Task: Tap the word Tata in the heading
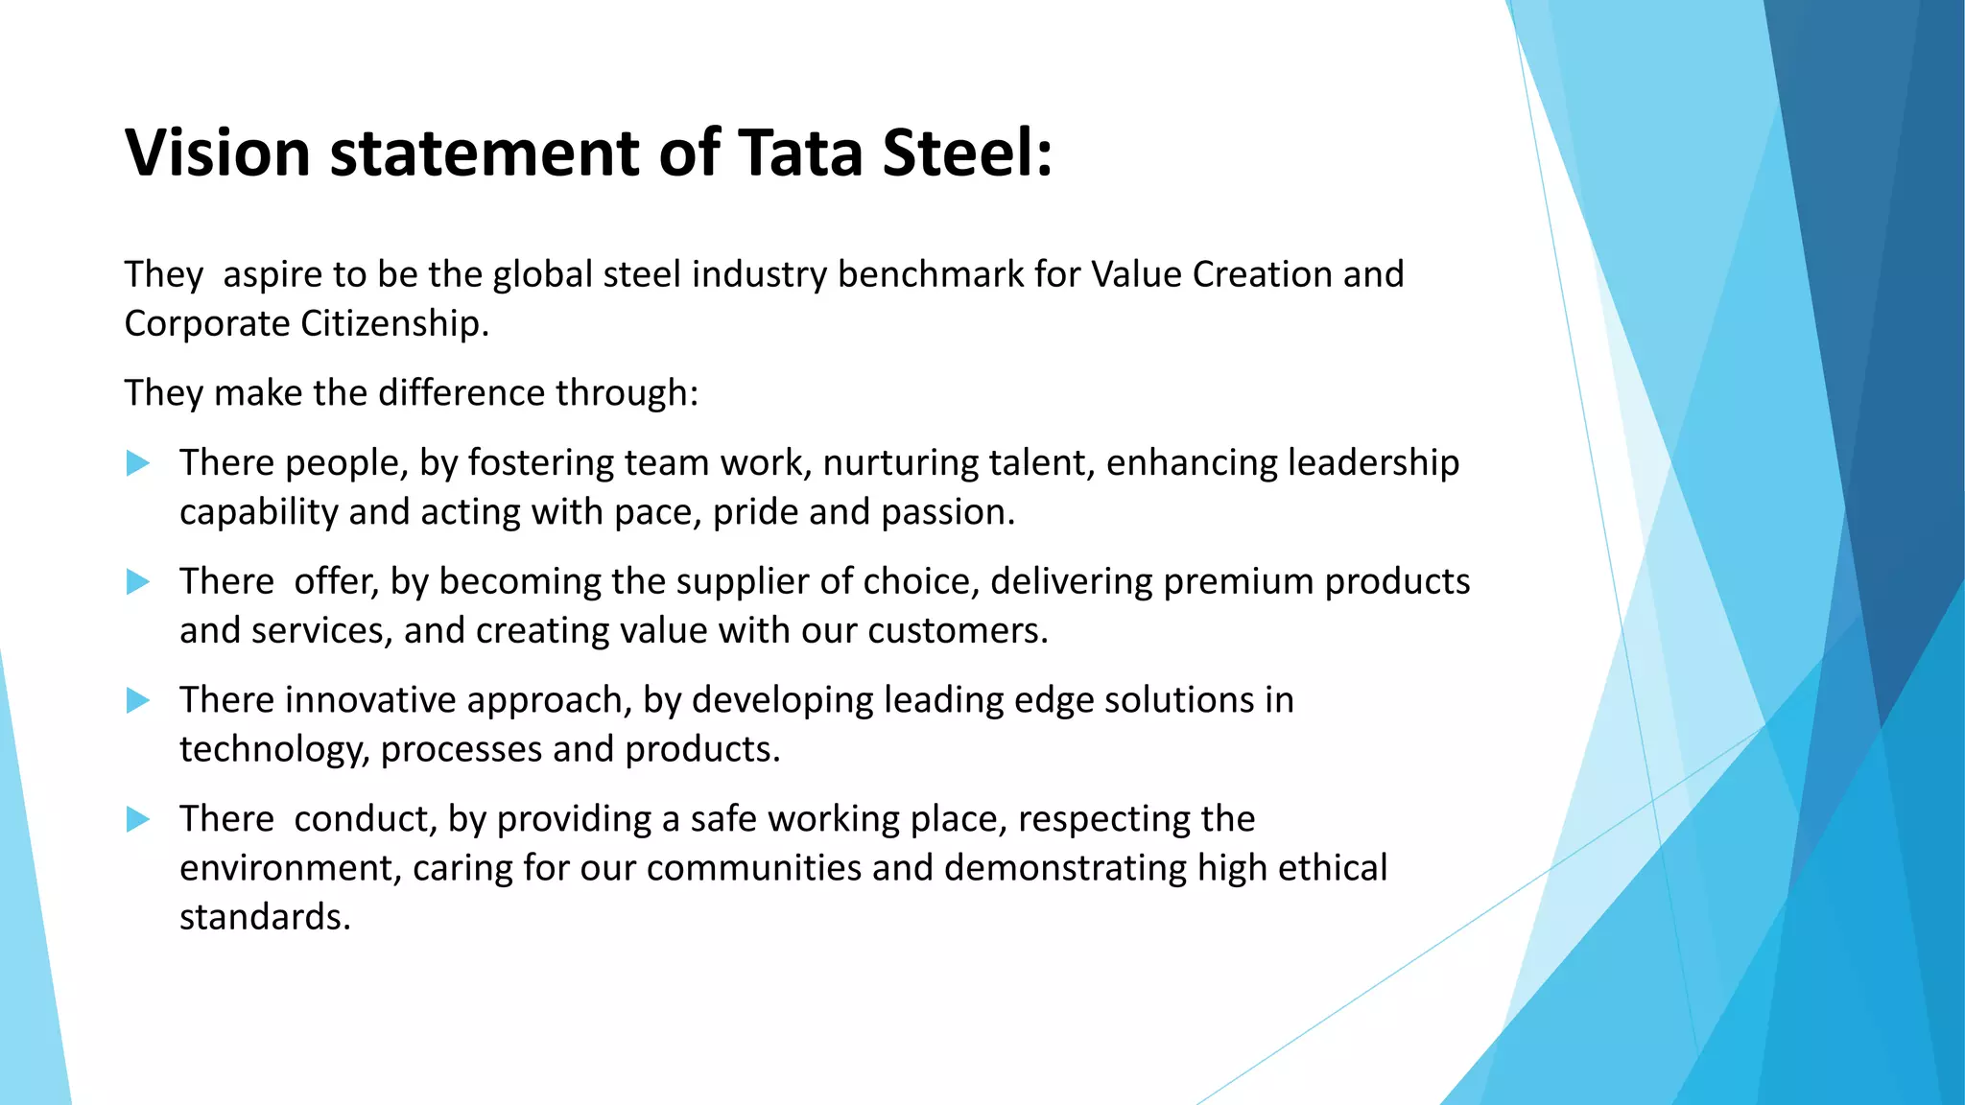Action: (x=800, y=153)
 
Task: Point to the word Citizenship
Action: (x=394, y=323)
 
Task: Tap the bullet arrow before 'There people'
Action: (x=138, y=464)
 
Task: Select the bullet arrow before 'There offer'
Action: (x=138, y=582)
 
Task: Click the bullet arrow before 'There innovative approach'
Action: (x=138, y=701)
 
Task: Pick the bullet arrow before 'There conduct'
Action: (x=138, y=819)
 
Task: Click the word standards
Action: (x=265, y=917)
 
